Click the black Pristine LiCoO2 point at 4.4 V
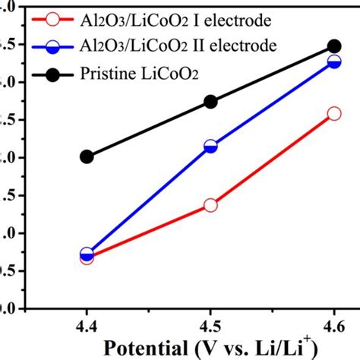(87, 156)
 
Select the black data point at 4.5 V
(210, 102)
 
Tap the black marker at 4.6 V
(333, 47)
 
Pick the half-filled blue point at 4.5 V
(210, 147)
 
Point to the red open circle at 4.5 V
(210, 205)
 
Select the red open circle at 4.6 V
(333, 114)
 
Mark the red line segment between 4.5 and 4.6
(272, 159)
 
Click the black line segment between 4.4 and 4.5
(148, 129)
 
